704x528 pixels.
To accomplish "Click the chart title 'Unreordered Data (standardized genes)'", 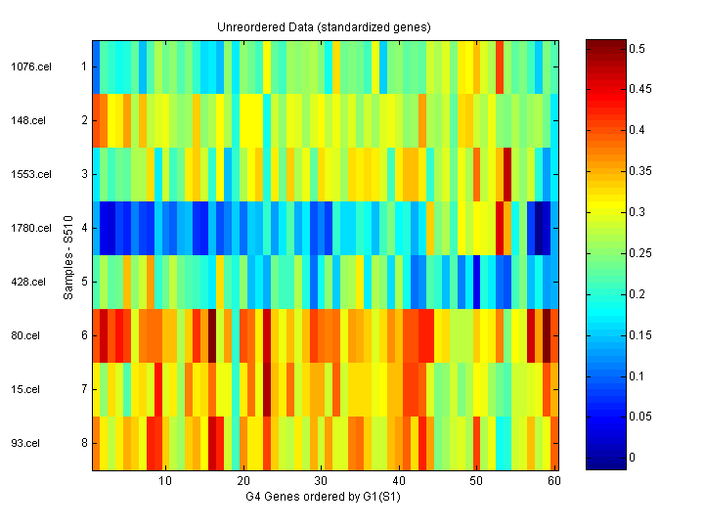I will click(324, 27).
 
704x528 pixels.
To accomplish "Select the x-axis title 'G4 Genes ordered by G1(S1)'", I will click(324, 497).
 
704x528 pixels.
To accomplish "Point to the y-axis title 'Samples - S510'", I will click(69, 255).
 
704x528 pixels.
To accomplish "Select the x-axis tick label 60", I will click(554, 482).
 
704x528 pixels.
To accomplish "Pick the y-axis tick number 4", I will click(84, 229).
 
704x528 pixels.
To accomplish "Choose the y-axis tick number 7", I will click(84, 390).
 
